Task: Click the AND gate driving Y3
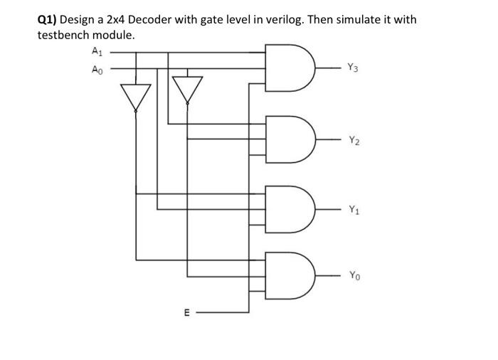point(288,68)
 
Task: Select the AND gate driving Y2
point(288,139)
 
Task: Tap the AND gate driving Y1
point(288,208)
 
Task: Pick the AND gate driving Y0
point(288,274)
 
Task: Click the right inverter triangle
point(188,89)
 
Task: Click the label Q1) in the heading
point(48,20)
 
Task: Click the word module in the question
point(116,35)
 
